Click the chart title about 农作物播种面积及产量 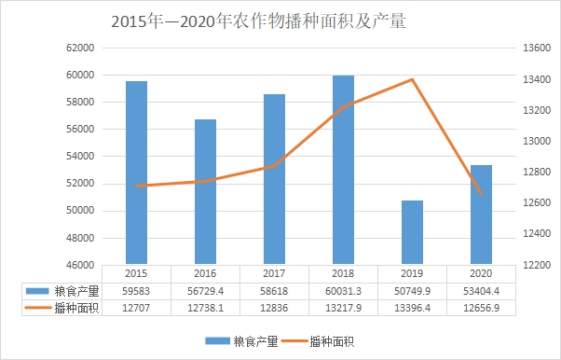click(x=258, y=21)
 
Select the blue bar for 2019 click(x=412, y=232)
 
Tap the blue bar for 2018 click(x=343, y=170)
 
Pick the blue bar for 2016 click(x=205, y=191)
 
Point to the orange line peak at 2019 click(x=412, y=79)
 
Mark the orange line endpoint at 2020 click(x=481, y=194)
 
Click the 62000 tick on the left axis click(x=80, y=48)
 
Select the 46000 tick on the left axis click(x=80, y=265)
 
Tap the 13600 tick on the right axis click(x=537, y=48)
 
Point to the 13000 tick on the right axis click(x=537, y=141)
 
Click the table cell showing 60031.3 click(x=343, y=291)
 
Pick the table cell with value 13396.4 click(x=412, y=308)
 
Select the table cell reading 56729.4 click(x=205, y=291)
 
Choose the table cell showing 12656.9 click(x=481, y=308)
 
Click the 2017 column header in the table click(x=274, y=273)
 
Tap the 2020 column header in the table click(x=481, y=273)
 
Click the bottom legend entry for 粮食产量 click(x=242, y=341)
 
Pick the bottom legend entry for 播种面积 click(x=318, y=341)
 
